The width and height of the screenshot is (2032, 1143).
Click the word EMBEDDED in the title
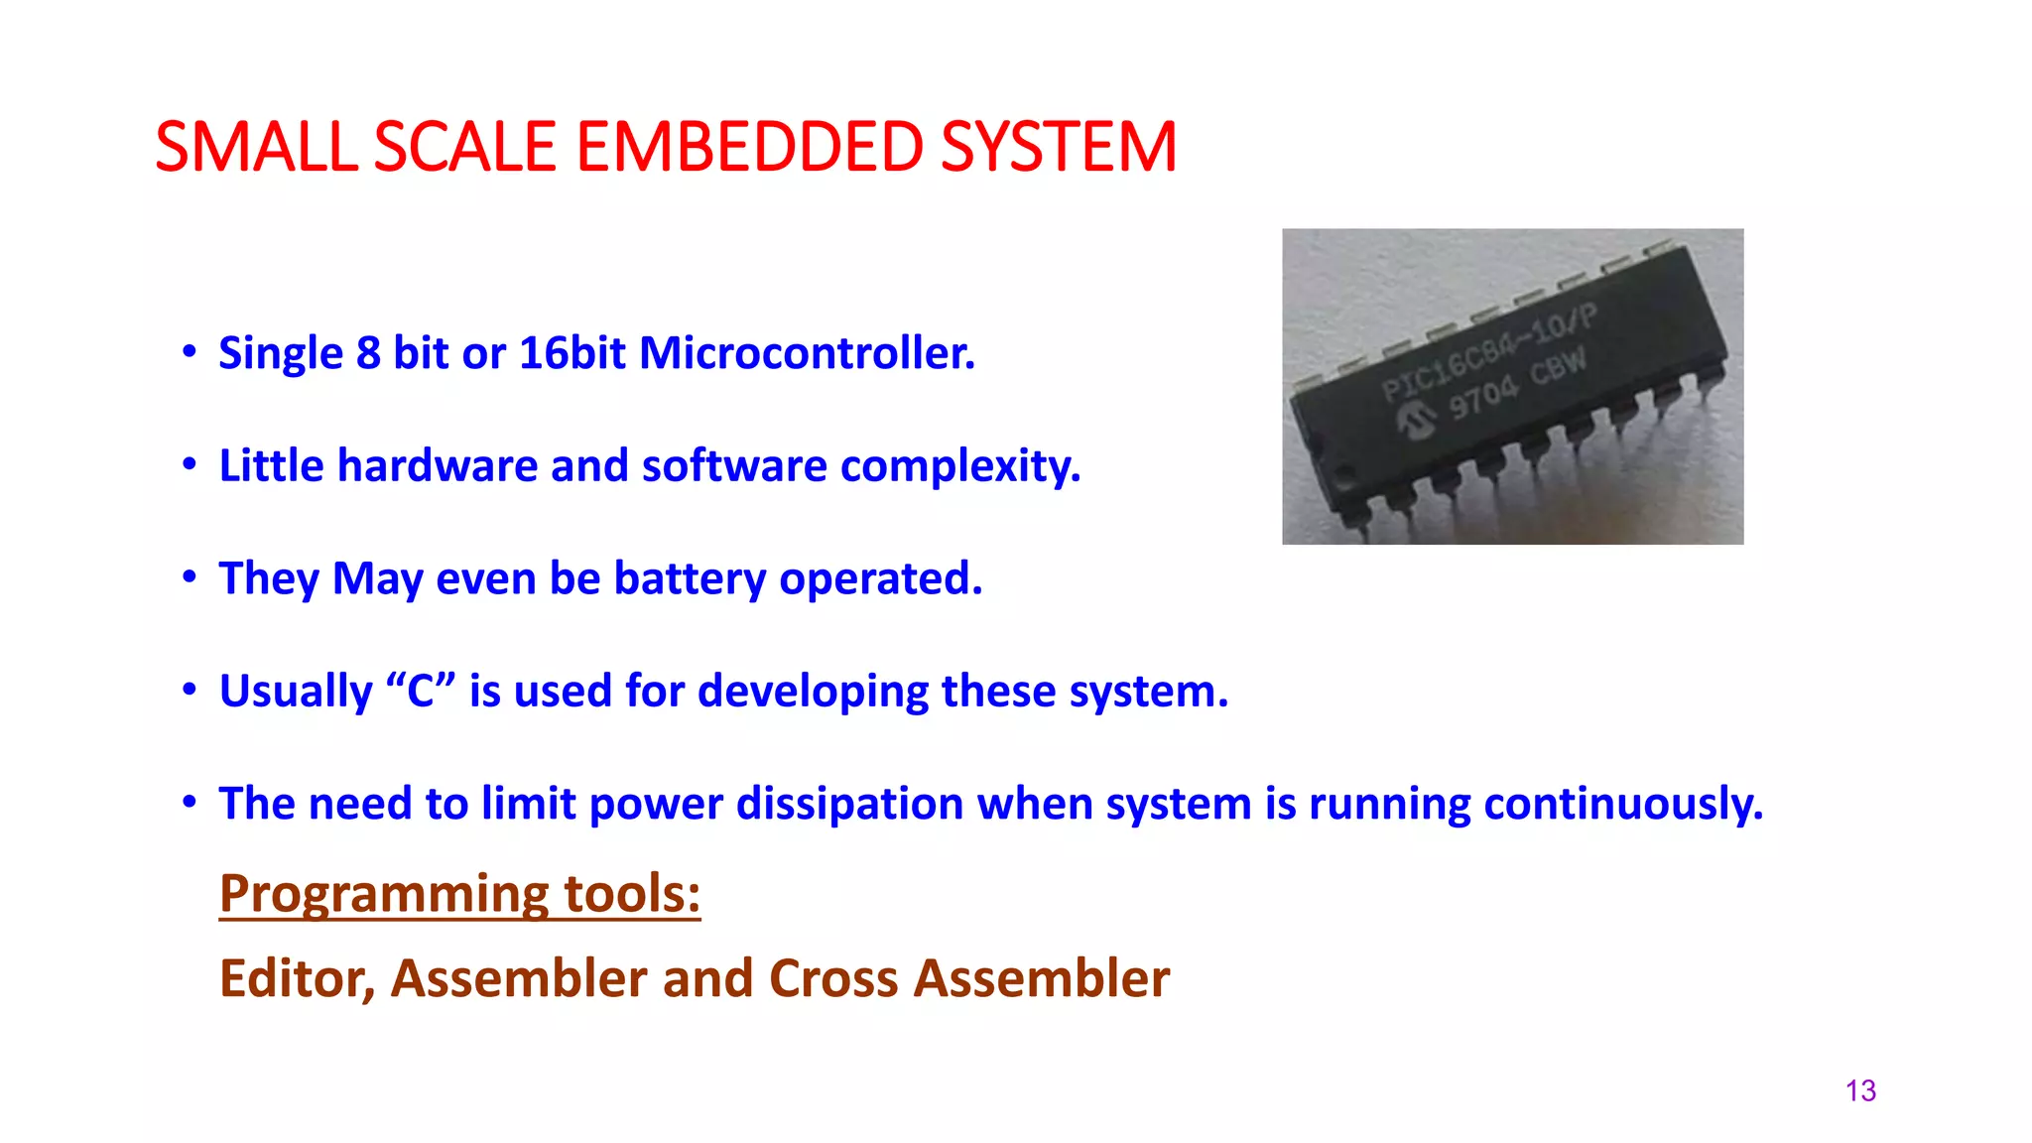(x=749, y=148)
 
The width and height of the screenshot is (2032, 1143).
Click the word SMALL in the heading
(x=256, y=148)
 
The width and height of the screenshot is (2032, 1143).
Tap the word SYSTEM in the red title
(x=1058, y=148)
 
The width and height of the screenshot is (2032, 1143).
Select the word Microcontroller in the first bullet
(x=807, y=353)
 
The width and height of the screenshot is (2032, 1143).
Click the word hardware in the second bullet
(x=438, y=465)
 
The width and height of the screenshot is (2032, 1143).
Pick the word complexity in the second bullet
(x=959, y=465)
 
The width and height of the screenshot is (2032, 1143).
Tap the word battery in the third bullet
(x=690, y=578)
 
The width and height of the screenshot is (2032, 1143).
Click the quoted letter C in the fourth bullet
(x=421, y=691)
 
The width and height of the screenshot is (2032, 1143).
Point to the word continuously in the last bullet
(x=1622, y=803)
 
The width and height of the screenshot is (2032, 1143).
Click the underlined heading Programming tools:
(x=459, y=893)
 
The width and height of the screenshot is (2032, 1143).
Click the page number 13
(x=1860, y=1091)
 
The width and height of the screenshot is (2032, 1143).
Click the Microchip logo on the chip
(x=1416, y=420)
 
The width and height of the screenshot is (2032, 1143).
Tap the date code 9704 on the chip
(x=1482, y=397)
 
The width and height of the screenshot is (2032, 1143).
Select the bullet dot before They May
(x=190, y=577)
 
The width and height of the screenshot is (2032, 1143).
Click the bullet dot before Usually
(x=190, y=691)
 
